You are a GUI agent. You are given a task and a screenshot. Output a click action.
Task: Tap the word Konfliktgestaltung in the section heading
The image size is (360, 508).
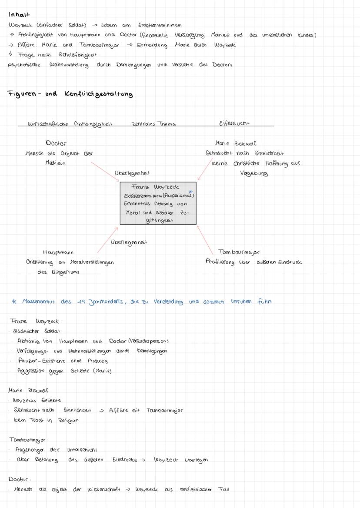pos(99,94)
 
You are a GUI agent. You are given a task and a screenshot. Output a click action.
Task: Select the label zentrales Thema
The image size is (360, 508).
pos(153,124)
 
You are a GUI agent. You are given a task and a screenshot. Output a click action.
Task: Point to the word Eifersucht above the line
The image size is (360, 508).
pos(235,123)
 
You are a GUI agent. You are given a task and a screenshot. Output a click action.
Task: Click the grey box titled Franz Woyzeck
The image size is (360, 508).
pos(158,203)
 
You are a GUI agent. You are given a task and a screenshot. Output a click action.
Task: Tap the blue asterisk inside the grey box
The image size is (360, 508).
pos(190,191)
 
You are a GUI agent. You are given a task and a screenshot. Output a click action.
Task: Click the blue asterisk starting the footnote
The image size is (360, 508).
pos(14,301)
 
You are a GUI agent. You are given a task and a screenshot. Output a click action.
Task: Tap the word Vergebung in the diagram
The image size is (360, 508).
pos(254,173)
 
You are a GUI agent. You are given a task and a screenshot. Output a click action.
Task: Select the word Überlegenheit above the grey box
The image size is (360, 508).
pos(132,173)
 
